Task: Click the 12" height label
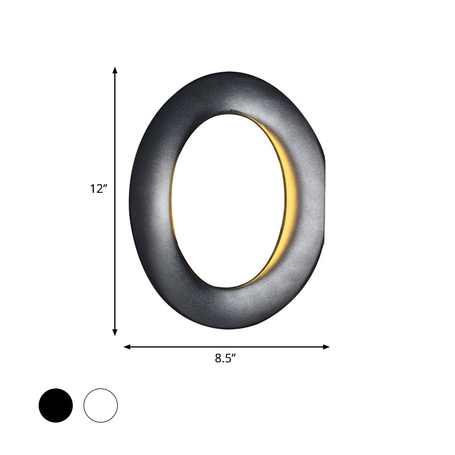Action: click(98, 189)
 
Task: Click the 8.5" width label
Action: click(226, 358)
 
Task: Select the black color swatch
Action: click(56, 406)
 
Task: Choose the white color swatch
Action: click(101, 406)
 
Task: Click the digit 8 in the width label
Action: click(218, 358)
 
